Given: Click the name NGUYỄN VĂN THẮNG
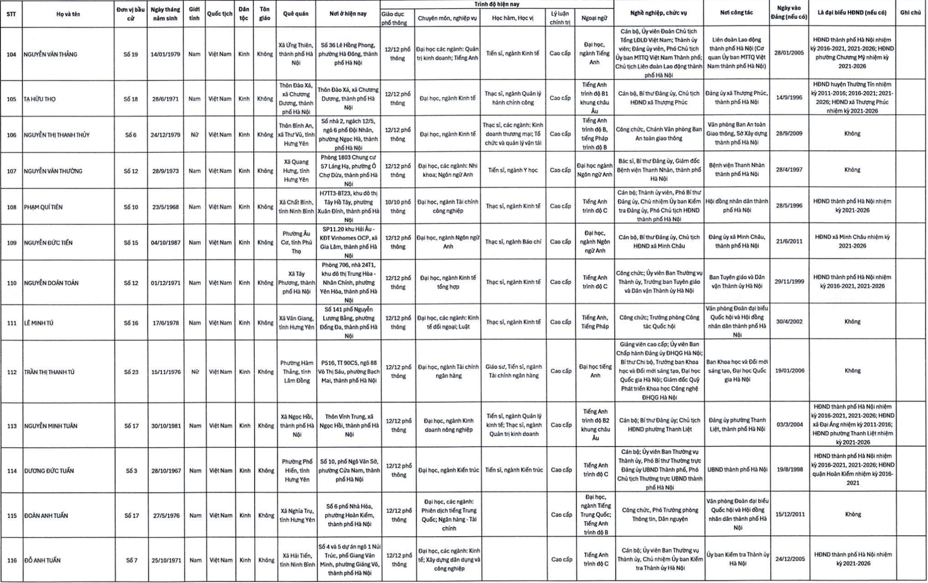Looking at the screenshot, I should tap(50, 54).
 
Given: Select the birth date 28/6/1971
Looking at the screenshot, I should tap(165, 99).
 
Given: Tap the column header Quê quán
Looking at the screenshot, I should tap(295, 14).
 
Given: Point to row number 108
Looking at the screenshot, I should tap(12, 207).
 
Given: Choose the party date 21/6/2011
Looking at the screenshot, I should tap(789, 241).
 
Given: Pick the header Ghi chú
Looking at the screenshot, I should tap(910, 13).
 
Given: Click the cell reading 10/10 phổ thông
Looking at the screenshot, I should tap(398, 206).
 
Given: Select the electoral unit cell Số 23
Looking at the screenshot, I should tap(131, 372).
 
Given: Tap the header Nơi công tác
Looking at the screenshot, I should tap(736, 13).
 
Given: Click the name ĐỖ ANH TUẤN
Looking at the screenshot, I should tap(43, 560).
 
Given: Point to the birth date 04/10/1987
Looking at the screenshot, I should tap(165, 242).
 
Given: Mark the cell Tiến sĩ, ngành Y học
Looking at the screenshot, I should tap(513, 170).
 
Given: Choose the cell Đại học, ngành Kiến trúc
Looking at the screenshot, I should tap(448, 470).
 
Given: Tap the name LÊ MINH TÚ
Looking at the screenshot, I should tap(39, 322).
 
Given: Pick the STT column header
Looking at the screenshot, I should tap(11, 14).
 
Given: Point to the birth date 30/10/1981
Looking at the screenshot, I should tap(166, 426).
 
